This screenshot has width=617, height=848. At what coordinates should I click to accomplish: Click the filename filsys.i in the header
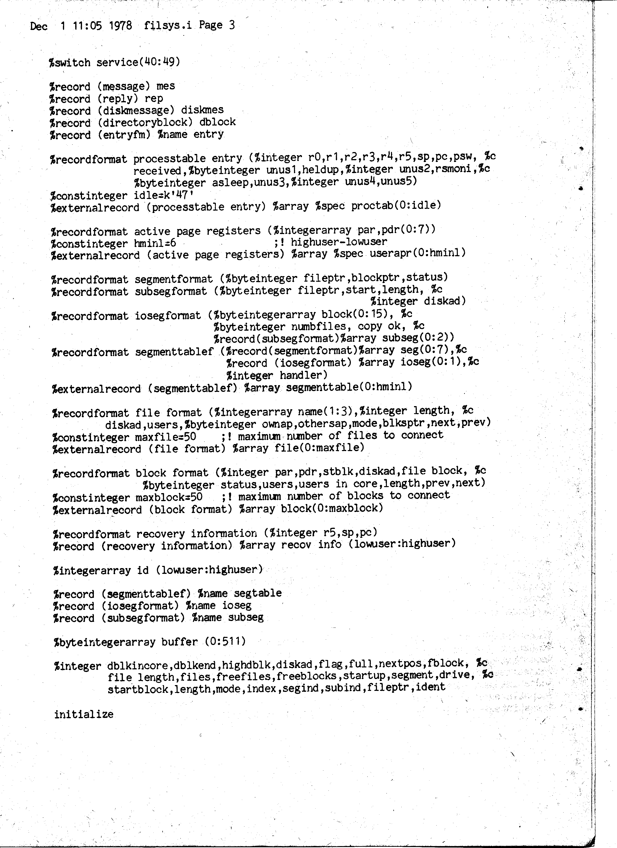(168, 25)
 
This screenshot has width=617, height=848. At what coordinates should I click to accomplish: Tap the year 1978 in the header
(120, 25)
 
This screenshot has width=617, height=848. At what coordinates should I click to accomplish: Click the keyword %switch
(70, 62)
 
